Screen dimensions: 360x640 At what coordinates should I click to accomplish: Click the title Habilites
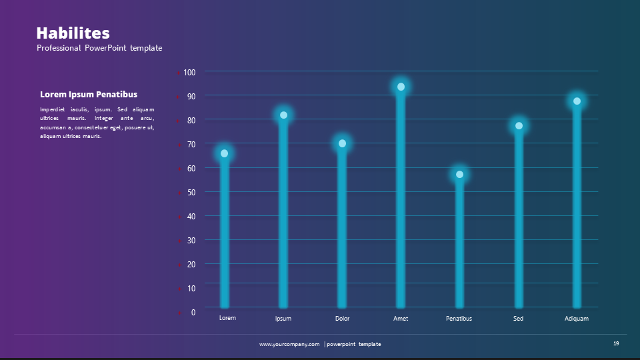tap(73, 33)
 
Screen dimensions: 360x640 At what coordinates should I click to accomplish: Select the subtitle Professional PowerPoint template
tap(99, 48)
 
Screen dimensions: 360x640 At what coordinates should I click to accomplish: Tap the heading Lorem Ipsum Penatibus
tap(89, 95)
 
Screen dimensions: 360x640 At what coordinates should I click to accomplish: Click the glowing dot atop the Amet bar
tap(401, 87)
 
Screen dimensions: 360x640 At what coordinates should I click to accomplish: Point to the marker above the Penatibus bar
tap(459, 175)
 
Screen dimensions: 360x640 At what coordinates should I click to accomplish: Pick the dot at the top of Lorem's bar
tap(224, 154)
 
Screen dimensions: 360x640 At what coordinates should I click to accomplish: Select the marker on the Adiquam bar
tap(577, 101)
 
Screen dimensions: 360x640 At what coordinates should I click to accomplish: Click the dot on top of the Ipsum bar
tap(283, 115)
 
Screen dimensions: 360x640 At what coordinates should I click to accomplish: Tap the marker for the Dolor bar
tap(342, 143)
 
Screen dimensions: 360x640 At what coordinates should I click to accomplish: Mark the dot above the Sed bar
tap(519, 126)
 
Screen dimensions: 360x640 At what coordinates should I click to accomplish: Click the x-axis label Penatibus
tap(459, 319)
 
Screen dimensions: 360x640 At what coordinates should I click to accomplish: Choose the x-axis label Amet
tap(401, 319)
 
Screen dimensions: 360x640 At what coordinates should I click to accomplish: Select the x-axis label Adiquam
tap(577, 319)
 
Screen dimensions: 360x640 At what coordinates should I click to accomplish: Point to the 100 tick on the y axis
tap(189, 72)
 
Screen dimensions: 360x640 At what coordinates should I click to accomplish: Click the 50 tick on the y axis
tap(191, 192)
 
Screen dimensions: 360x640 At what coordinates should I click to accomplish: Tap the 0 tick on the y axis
tap(193, 312)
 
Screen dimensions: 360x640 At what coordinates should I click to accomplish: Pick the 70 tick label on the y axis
tap(191, 144)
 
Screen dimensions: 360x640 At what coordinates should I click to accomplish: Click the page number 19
tap(616, 343)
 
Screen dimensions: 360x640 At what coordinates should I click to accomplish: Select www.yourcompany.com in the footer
tap(289, 344)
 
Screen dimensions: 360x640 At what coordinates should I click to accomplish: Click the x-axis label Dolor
tap(342, 319)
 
